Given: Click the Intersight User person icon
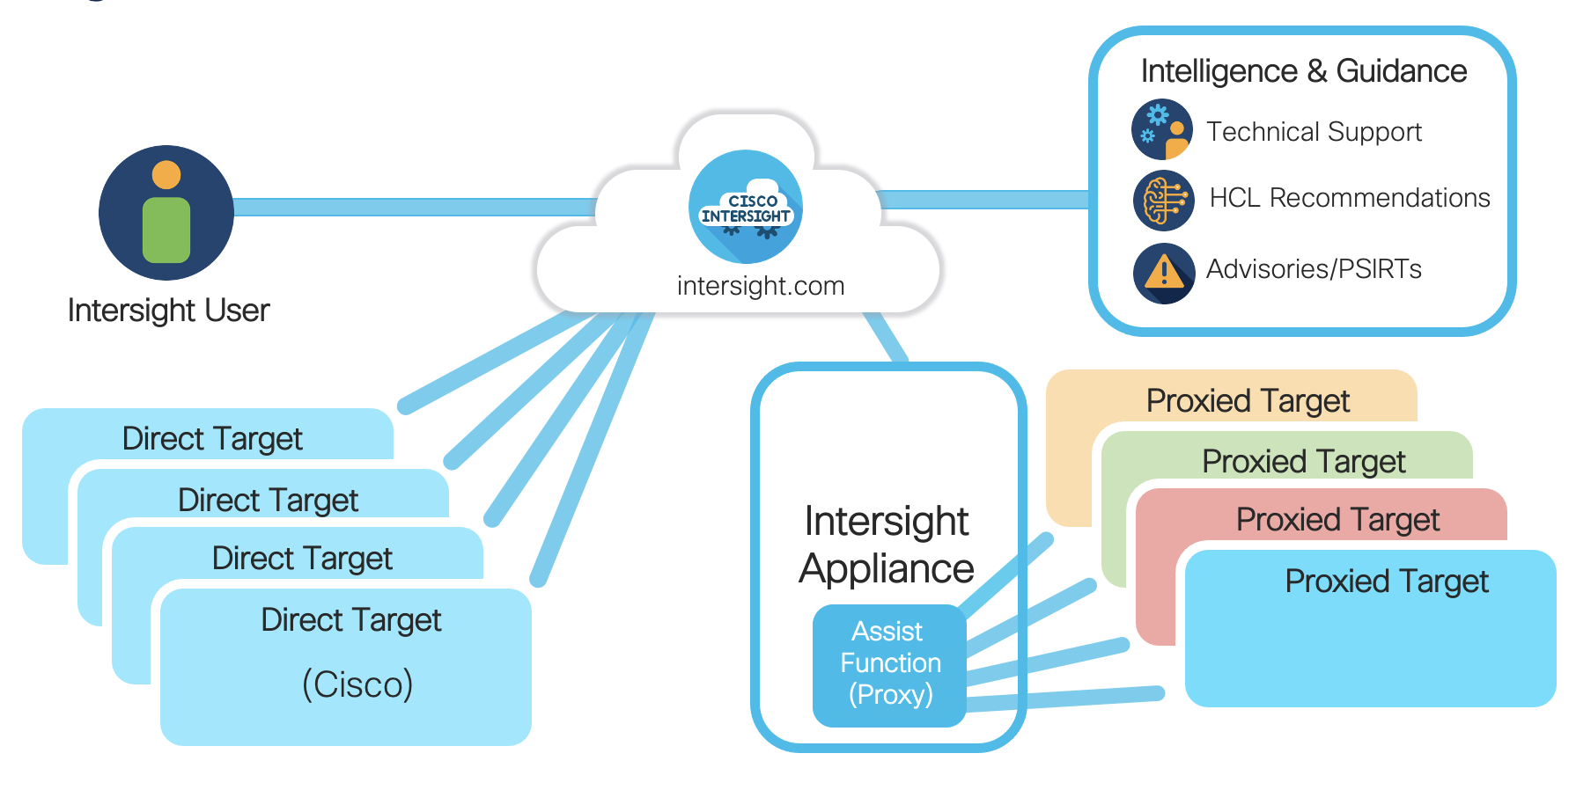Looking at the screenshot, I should (166, 213).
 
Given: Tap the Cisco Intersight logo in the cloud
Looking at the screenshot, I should (746, 208).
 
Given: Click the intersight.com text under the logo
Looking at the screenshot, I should (761, 286).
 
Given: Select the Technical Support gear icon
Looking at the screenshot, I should (1162, 129).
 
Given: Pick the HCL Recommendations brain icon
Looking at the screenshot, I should (1163, 200).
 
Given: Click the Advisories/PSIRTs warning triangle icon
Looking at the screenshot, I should (1163, 273).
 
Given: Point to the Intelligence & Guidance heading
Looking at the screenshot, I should (1303, 71).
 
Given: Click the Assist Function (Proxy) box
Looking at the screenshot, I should (890, 664).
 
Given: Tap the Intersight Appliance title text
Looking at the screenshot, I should (887, 545).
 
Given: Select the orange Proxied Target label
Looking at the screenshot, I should (1248, 401).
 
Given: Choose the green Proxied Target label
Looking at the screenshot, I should (1303, 462).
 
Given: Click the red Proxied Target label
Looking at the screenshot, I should (1337, 520).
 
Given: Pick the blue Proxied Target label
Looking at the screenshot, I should (1386, 582).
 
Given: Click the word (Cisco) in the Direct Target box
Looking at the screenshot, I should (357, 684).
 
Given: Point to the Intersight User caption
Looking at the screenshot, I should (168, 311).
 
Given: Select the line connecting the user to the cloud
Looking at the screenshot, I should (414, 208).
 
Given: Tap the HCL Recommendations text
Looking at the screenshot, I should (1349, 199).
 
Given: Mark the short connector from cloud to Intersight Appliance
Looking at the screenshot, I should (886, 337).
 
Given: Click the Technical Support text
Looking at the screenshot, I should (1314, 132).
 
